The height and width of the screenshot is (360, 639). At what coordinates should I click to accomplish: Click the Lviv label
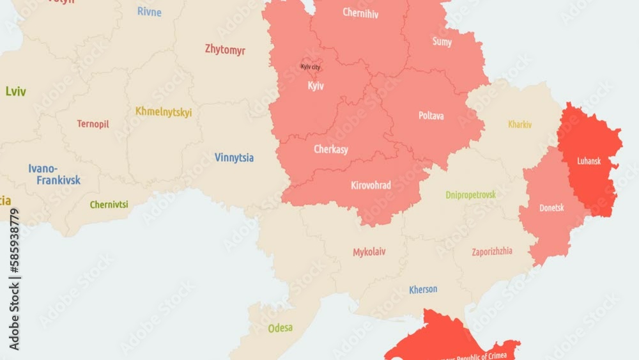point(16,91)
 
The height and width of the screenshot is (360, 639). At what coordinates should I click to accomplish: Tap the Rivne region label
point(150,12)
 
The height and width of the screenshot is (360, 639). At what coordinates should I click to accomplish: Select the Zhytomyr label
point(225,49)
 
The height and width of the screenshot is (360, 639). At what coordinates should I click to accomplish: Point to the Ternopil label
point(93,124)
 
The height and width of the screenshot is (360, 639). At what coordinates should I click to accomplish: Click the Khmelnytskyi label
point(164,112)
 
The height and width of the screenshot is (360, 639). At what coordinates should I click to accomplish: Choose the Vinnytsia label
point(234,157)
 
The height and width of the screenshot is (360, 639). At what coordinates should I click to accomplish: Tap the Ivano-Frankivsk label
point(54,175)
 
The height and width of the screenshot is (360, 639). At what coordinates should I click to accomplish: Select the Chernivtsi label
point(109,205)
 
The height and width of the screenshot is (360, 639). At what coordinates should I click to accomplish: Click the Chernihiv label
point(360,13)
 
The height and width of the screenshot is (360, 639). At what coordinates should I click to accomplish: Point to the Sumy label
point(442,42)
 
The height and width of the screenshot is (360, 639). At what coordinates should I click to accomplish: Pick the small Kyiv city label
point(311,67)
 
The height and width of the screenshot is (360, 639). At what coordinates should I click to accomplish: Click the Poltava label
point(431,116)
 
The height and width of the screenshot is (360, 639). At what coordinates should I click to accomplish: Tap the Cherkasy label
point(331,150)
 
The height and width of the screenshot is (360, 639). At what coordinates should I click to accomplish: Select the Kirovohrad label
point(371,185)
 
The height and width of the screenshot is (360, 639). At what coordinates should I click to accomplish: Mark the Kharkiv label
point(520,125)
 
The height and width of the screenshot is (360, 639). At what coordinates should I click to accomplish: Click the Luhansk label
point(589,161)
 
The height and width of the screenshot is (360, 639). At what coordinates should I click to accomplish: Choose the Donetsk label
point(551,208)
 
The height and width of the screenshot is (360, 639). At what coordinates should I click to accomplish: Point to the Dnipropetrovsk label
point(470,194)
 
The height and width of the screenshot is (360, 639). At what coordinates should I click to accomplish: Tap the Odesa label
point(281,328)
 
